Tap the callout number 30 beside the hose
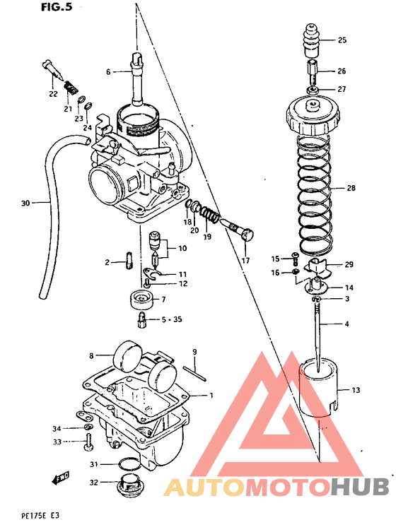pyautogui.click(x=25, y=203)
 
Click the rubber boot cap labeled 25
pyautogui.click(x=312, y=40)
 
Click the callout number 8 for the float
pyautogui.click(x=91, y=355)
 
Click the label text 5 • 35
pyautogui.click(x=171, y=319)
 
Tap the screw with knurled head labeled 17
pyautogui.click(x=239, y=230)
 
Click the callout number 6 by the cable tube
pyautogui.click(x=109, y=72)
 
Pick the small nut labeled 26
pyautogui.click(x=312, y=71)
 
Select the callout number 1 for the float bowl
pyautogui.click(x=209, y=395)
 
